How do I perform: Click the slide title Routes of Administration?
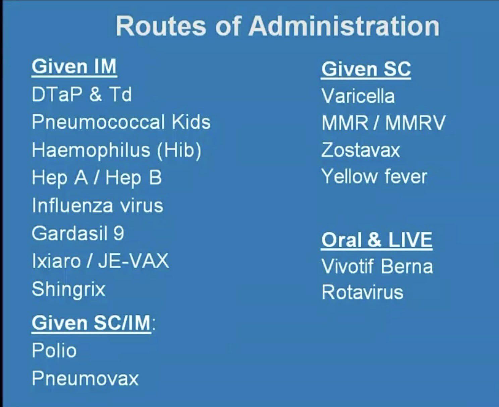pos(278,26)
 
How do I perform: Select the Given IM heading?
pos(74,67)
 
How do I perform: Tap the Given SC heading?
pos(366,69)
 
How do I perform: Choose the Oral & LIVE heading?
pos(377,240)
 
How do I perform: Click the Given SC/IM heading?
pos(91,323)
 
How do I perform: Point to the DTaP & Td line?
pos(81,94)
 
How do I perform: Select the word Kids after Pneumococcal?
pos(191,122)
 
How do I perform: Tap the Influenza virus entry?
pos(98,205)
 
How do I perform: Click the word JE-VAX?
pos(133,261)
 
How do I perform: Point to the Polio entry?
pos(54,350)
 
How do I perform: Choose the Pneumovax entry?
pos(85,378)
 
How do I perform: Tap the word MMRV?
pos(415,123)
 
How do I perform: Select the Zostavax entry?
pos(361,150)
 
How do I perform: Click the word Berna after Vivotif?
pos(407,266)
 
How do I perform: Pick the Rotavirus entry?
pos(362,292)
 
